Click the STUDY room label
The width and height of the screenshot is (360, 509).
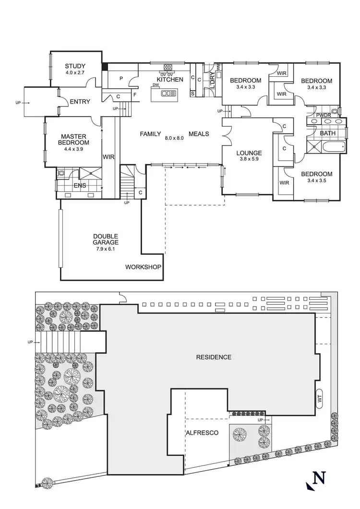[x=75, y=66]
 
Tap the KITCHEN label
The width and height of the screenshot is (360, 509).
[x=170, y=79]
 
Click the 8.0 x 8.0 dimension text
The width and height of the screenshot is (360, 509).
[x=175, y=138]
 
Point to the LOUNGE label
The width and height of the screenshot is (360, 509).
[x=249, y=153]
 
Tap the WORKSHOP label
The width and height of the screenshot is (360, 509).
[x=143, y=267]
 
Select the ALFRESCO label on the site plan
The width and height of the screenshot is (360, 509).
[x=202, y=433]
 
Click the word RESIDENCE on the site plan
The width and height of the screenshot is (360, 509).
[x=214, y=357]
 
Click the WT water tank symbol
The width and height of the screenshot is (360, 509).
[x=319, y=398]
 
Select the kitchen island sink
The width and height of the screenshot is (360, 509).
[x=168, y=94]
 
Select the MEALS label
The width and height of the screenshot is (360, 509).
[x=199, y=134]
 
